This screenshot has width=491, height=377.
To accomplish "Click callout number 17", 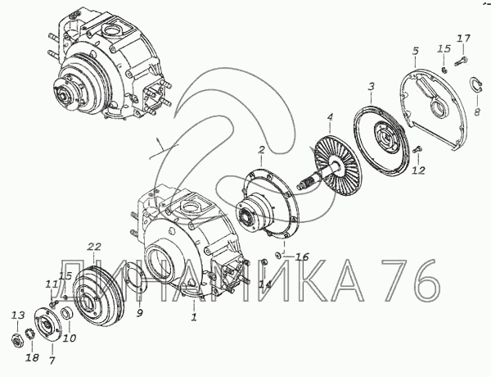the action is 463,39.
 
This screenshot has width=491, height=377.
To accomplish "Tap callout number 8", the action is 477,112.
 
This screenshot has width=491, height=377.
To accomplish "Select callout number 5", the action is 415,51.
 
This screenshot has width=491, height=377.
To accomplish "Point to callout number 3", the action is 371,86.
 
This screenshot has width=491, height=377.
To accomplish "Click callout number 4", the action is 330,118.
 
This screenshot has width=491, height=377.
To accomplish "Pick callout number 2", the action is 261,150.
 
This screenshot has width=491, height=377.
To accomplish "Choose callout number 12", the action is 419,170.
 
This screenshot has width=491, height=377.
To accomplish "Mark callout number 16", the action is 302,257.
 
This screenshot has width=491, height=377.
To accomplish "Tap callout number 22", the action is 94,247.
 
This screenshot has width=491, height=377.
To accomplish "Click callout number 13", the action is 17,316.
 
